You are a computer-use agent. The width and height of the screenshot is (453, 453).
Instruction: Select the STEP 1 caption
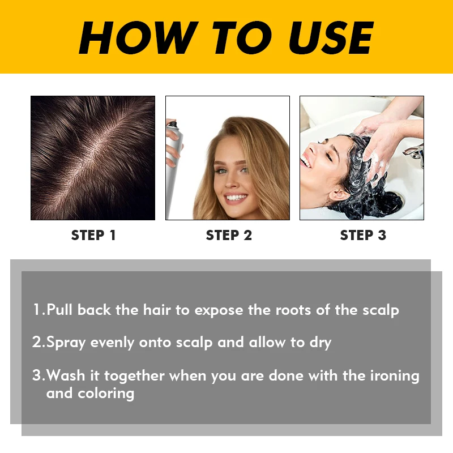coord(93,236)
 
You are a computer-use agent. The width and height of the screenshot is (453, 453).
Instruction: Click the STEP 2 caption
coord(229,236)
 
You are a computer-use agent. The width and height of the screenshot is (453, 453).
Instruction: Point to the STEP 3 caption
coord(363,236)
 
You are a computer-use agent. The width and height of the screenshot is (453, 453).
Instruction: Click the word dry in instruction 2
coord(319,343)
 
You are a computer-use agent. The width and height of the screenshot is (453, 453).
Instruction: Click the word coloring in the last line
coord(106,392)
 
